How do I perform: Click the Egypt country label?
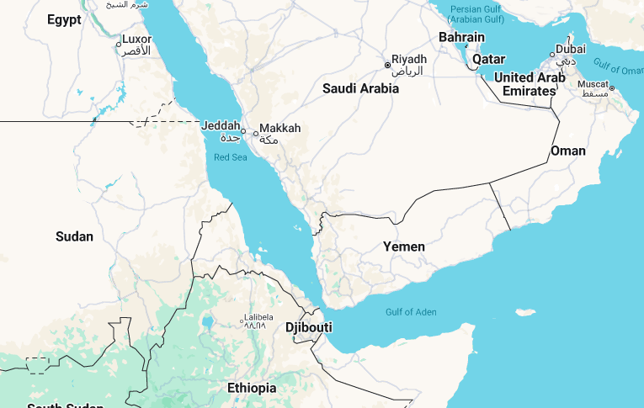[x=64, y=19]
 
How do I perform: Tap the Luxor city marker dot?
[x=118, y=44]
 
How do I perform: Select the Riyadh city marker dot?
[x=388, y=65]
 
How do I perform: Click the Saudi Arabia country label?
[x=360, y=87]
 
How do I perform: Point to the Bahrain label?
[x=461, y=37]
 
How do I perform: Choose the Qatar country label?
[x=488, y=60]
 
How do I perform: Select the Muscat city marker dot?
[x=612, y=88]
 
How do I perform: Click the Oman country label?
[x=567, y=151]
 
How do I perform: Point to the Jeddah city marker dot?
[x=243, y=131]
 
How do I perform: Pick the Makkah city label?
[x=279, y=129]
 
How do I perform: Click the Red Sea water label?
[x=231, y=157]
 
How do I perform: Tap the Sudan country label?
[x=74, y=236]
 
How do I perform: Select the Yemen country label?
[x=404, y=246]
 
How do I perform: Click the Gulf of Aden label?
[x=411, y=312]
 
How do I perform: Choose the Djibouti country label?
[x=309, y=326]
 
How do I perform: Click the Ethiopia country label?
[x=251, y=388]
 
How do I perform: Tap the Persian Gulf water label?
[x=476, y=13]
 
